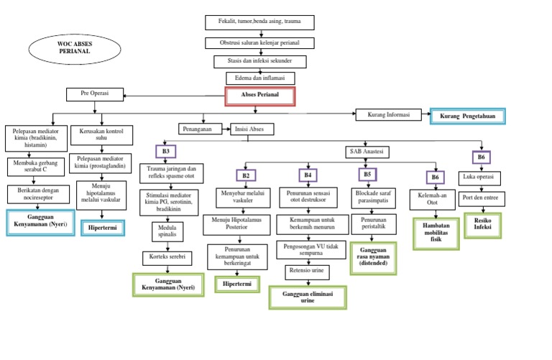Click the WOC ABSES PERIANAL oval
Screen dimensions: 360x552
point(70,50)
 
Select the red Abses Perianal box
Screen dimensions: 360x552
point(260,96)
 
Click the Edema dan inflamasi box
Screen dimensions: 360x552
point(259,78)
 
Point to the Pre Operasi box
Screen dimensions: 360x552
point(95,93)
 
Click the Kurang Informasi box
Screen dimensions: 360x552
point(388,114)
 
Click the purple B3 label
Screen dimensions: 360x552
point(165,152)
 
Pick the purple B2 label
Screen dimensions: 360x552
point(245,175)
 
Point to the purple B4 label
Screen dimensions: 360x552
point(308,175)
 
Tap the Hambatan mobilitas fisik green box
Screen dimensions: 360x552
point(436,234)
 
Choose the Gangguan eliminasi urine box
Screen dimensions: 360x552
point(307,297)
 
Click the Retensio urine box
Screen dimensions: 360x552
point(308,272)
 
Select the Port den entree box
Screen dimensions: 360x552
point(481,198)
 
